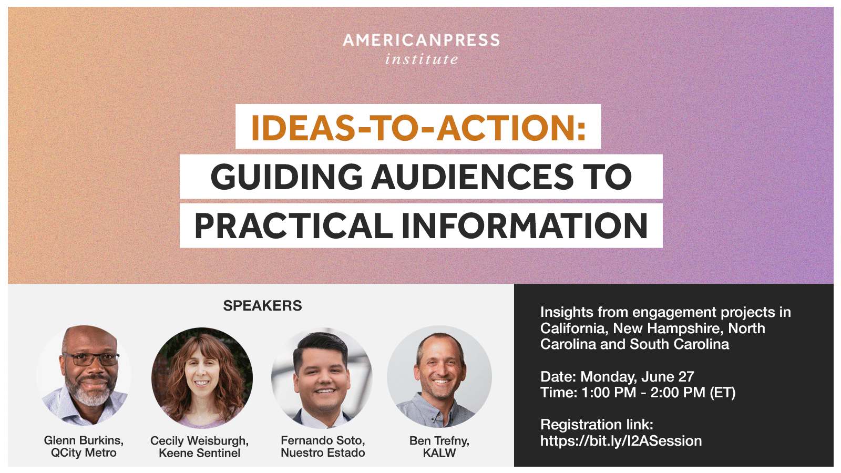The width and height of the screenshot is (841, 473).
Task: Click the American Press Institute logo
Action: pyautogui.click(x=421, y=49)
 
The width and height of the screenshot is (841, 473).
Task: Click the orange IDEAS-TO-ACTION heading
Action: pyautogui.click(x=418, y=128)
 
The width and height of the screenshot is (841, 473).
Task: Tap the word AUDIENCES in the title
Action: pyautogui.click(x=472, y=177)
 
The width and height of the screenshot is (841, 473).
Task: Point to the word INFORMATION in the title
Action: pyautogui.click(x=525, y=226)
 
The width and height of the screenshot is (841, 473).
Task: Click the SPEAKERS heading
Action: pyautogui.click(x=262, y=305)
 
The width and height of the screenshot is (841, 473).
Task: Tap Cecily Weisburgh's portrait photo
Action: pyautogui.click(x=202, y=378)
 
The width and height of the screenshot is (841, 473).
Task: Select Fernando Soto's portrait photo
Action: pyautogui.click(x=322, y=378)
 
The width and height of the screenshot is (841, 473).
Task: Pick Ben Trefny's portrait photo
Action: pyautogui.click(x=439, y=376)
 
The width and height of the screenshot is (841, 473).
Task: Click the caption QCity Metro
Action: pyautogui.click(x=84, y=453)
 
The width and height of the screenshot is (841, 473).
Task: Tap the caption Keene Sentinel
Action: pyautogui.click(x=199, y=453)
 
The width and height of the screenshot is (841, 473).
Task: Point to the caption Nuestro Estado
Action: pyautogui.click(x=323, y=453)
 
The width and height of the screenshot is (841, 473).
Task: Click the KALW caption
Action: pyautogui.click(x=439, y=453)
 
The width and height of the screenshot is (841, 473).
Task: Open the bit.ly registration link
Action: pyautogui.click(x=621, y=441)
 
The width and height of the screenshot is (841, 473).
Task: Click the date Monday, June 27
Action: pyautogui.click(x=637, y=376)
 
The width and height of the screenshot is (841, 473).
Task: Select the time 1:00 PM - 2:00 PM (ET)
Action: pyautogui.click(x=659, y=393)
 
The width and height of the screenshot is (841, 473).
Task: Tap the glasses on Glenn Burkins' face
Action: pyautogui.click(x=90, y=359)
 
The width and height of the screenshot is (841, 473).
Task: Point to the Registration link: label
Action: pyautogui.click(x=597, y=425)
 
